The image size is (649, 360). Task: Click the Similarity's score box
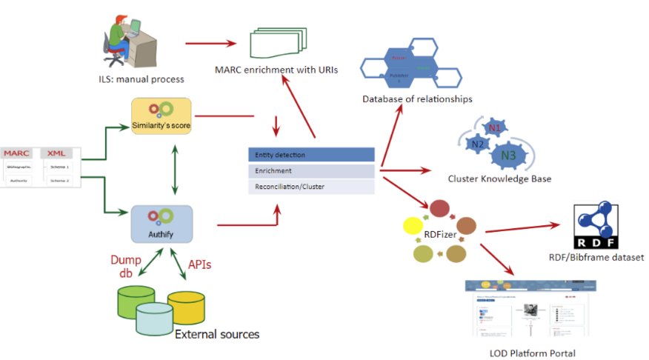pos(161,116)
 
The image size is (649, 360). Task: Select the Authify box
pos(162,224)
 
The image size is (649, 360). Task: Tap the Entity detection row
pos(311,155)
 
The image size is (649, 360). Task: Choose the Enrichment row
pos(311,170)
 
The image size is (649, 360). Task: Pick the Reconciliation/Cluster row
pos(311,186)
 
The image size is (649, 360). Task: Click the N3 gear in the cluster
pos(508,155)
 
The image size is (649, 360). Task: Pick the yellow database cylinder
pos(185,307)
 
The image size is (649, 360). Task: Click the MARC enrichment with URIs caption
pos(276,70)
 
